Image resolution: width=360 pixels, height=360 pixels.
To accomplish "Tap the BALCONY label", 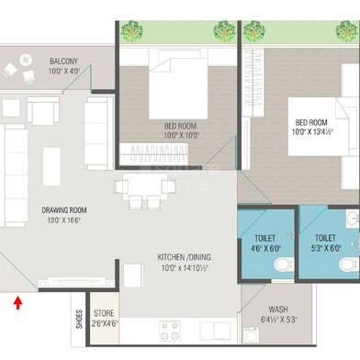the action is coord(63,62).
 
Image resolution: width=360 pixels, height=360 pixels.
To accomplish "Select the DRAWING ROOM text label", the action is coord(64,210).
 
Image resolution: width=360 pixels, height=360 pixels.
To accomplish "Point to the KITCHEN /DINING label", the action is coord(184,248).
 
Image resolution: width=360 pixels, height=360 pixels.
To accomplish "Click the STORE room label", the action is coord(104,313).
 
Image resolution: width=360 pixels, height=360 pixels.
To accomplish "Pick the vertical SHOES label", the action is coord(79,320).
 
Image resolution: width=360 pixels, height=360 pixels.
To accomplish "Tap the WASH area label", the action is coord(278,309).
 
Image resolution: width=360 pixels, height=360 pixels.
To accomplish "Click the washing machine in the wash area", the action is coord(251,335).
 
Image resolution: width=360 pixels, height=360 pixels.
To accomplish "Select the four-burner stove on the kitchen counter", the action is coord(170,331).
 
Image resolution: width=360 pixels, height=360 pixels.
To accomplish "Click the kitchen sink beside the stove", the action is coord(216,331).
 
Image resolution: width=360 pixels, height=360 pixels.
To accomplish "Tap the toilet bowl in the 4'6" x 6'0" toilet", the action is coord(284,264).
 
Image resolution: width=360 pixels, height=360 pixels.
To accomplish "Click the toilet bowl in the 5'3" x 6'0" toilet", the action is coord(349,264).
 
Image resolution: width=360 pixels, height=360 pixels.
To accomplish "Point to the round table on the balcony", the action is coord(26,60).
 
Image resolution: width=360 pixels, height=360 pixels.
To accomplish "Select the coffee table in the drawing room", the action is coord(51,166).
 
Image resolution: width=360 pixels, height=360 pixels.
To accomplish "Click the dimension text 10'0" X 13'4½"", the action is coord(312,132).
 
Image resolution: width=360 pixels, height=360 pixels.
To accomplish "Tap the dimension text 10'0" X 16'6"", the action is coord(63,219).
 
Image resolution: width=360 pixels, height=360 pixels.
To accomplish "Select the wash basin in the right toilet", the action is coord(353,219).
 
